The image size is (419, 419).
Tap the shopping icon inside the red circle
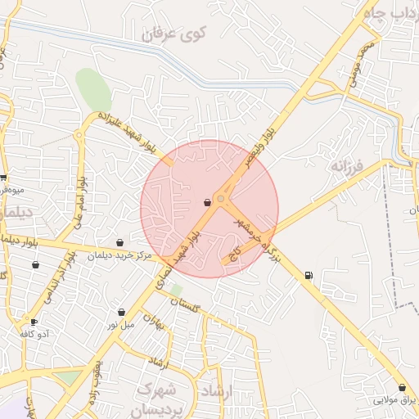pos(208,202)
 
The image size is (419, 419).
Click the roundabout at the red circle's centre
pos(220,199)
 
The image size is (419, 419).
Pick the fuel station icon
pos(309,275)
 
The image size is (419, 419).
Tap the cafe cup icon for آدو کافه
pos(34,322)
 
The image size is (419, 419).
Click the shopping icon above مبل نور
pos(122,312)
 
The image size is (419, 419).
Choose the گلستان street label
pos(183,304)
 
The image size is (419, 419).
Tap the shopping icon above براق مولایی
pos(402,387)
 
